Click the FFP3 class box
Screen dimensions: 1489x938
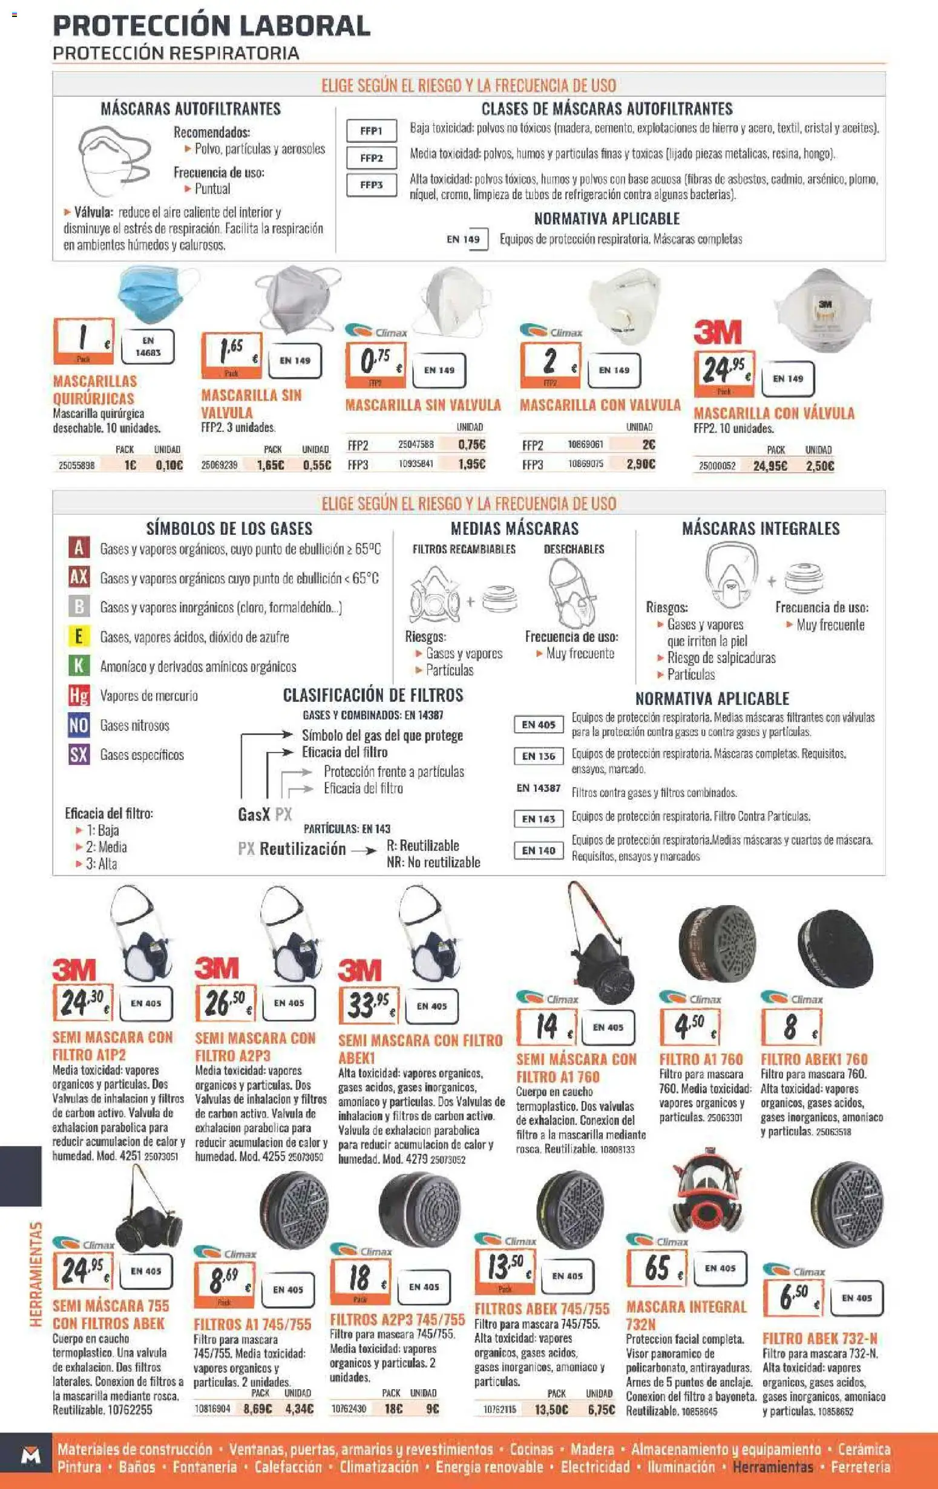coord(371,185)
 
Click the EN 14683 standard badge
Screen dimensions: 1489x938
coord(148,347)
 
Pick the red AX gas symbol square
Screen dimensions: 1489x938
coord(79,577)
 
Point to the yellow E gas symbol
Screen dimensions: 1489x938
coord(79,637)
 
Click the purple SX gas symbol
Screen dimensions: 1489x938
coord(79,754)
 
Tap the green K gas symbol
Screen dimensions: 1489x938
coord(79,666)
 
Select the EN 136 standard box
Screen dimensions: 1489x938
coord(539,756)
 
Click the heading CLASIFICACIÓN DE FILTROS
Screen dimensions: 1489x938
coord(373,695)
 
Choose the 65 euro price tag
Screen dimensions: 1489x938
coord(657,1268)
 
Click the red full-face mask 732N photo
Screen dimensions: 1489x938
coord(705,1191)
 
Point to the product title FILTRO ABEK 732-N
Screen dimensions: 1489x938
coord(819,1338)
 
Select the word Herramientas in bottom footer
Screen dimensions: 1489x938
coord(772,1467)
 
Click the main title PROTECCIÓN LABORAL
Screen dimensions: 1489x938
coord(211,26)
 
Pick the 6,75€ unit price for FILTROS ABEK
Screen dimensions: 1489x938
coord(600,1409)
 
